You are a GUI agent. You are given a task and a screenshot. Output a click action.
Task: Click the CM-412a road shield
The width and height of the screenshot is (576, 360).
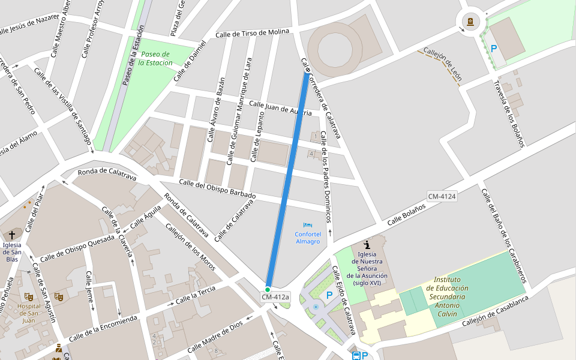[275, 297]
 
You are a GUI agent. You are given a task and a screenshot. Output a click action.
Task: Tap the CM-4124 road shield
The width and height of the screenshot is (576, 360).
[442, 196]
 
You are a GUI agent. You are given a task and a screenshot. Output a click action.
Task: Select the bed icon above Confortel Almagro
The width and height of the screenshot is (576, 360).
[307, 225]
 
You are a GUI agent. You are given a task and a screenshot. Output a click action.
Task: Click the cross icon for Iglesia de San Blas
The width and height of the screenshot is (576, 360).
[12, 235]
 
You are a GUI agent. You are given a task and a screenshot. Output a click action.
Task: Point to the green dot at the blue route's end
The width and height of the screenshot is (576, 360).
[268, 289]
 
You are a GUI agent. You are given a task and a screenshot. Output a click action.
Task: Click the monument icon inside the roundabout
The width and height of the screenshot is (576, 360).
[470, 22]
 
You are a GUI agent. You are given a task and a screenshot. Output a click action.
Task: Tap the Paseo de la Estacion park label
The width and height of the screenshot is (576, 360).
[155, 58]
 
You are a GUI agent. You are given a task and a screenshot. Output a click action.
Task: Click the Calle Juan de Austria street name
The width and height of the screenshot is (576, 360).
[280, 108]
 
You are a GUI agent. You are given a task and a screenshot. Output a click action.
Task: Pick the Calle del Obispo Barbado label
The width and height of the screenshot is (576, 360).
[217, 189]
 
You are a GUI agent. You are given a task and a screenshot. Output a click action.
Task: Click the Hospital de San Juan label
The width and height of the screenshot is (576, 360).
[29, 313]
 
